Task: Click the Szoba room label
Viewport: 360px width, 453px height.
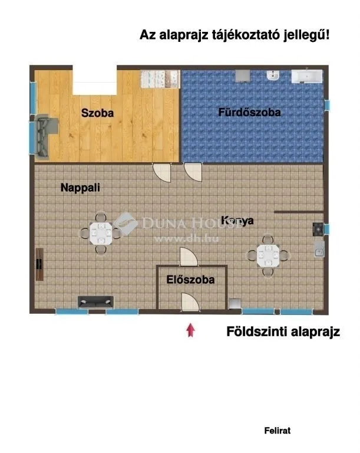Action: pyautogui.click(x=97, y=112)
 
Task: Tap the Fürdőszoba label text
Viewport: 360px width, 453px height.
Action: pyautogui.click(x=249, y=112)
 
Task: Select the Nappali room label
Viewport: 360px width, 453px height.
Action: pyautogui.click(x=81, y=188)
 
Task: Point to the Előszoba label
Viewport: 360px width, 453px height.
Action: pyautogui.click(x=190, y=280)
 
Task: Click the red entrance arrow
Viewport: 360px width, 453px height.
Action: pyautogui.click(x=190, y=330)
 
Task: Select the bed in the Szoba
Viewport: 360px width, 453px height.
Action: pyautogui.click(x=160, y=78)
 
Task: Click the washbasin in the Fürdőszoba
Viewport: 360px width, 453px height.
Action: pyautogui.click(x=272, y=76)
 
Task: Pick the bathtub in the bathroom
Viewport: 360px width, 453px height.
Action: pyautogui.click(x=307, y=77)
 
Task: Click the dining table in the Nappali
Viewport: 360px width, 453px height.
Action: pyautogui.click(x=101, y=234)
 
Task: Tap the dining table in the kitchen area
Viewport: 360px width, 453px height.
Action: pyautogui.click(x=269, y=255)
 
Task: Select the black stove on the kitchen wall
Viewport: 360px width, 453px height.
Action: pyautogui.click(x=318, y=228)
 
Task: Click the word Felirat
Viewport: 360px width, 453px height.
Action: pyautogui.click(x=277, y=431)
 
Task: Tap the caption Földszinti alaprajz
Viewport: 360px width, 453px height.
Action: pyautogui.click(x=283, y=332)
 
